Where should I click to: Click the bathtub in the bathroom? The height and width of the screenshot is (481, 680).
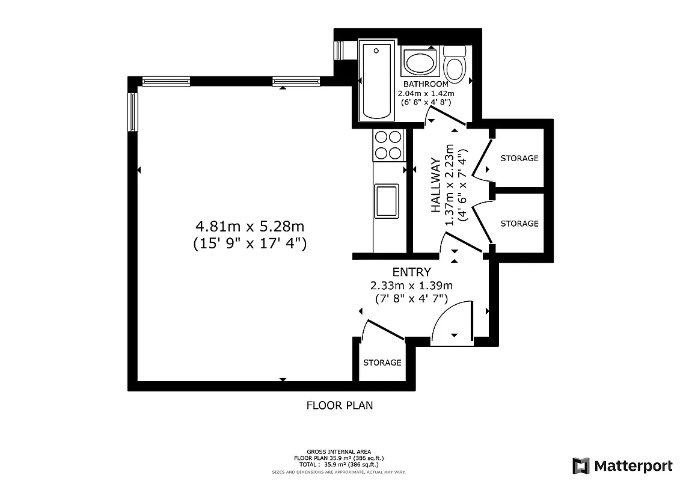[x=376, y=80]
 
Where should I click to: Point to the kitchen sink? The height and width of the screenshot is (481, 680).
[x=386, y=201]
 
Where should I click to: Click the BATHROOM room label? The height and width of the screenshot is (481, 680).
[x=426, y=84]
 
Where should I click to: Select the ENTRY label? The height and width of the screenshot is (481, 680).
[x=411, y=272]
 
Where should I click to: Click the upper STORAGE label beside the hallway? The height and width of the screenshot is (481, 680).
[x=519, y=158]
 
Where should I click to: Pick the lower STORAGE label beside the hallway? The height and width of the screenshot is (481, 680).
[x=519, y=223]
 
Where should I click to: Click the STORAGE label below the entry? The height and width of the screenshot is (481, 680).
[x=382, y=363]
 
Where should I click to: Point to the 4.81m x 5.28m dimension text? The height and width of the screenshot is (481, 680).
[x=250, y=227]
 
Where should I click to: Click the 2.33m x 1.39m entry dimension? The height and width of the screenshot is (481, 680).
[x=412, y=286]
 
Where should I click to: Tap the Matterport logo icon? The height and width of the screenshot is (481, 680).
[x=581, y=466]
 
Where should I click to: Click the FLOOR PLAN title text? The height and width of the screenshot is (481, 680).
[x=340, y=405]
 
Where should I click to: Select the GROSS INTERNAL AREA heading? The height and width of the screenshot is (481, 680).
[x=339, y=452]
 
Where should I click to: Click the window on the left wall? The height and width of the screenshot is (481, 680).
[x=133, y=112]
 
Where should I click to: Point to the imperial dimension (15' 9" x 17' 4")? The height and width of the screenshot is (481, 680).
[x=250, y=244]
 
